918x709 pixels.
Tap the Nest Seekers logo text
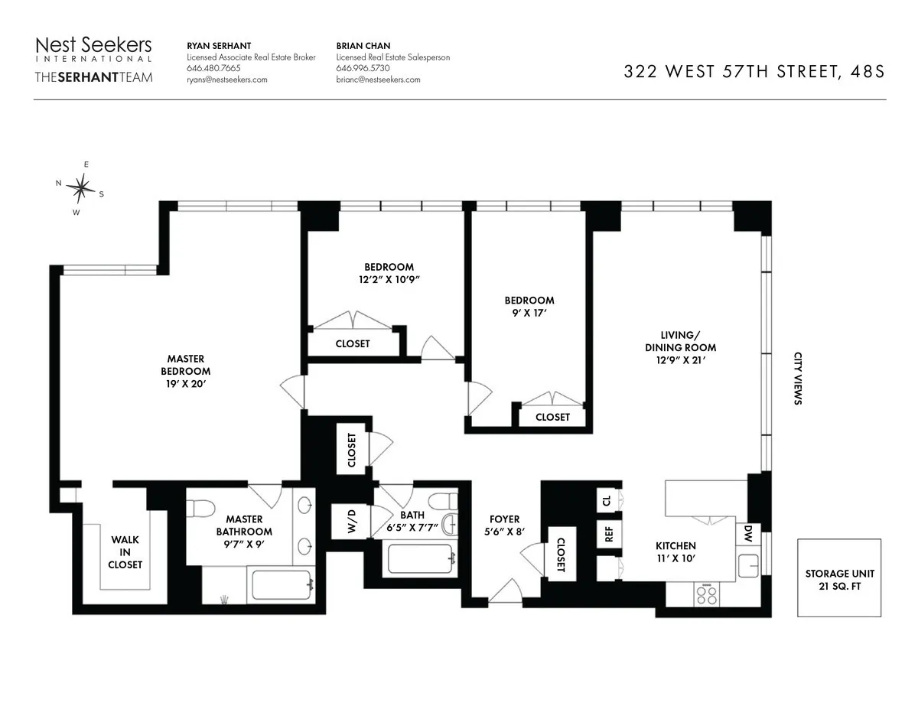(x=93, y=46)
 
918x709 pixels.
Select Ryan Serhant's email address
(x=227, y=80)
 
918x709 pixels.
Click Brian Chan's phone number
(x=363, y=68)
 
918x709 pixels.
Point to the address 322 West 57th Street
(x=754, y=72)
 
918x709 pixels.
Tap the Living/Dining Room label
(x=680, y=347)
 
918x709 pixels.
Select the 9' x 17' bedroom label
(x=529, y=306)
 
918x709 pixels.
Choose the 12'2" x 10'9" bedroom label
(x=389, y=273)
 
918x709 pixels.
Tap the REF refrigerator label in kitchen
(x=610, y=533)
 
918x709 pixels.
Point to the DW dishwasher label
(x=747, y=535)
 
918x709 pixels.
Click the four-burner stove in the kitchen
(x=707, y=595)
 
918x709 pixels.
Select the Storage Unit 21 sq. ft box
(x=839, y=578)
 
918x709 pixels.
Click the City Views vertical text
(x=797, y=378)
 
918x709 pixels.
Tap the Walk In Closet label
(x=125, y=551)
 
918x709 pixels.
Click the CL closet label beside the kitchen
(x=607, y=501)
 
